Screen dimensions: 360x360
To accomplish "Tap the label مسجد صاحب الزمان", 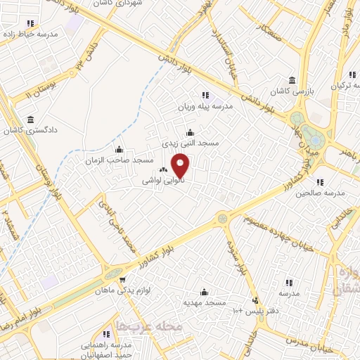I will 120,160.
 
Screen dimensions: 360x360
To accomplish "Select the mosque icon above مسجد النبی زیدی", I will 189,132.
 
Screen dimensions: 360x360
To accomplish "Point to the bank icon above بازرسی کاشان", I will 292,80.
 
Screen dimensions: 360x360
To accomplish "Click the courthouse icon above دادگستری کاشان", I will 30,120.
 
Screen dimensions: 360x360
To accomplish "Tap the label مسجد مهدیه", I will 204,302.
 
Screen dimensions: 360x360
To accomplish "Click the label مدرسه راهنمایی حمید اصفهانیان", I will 107,349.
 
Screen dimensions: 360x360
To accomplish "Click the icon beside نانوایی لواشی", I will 164,169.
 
